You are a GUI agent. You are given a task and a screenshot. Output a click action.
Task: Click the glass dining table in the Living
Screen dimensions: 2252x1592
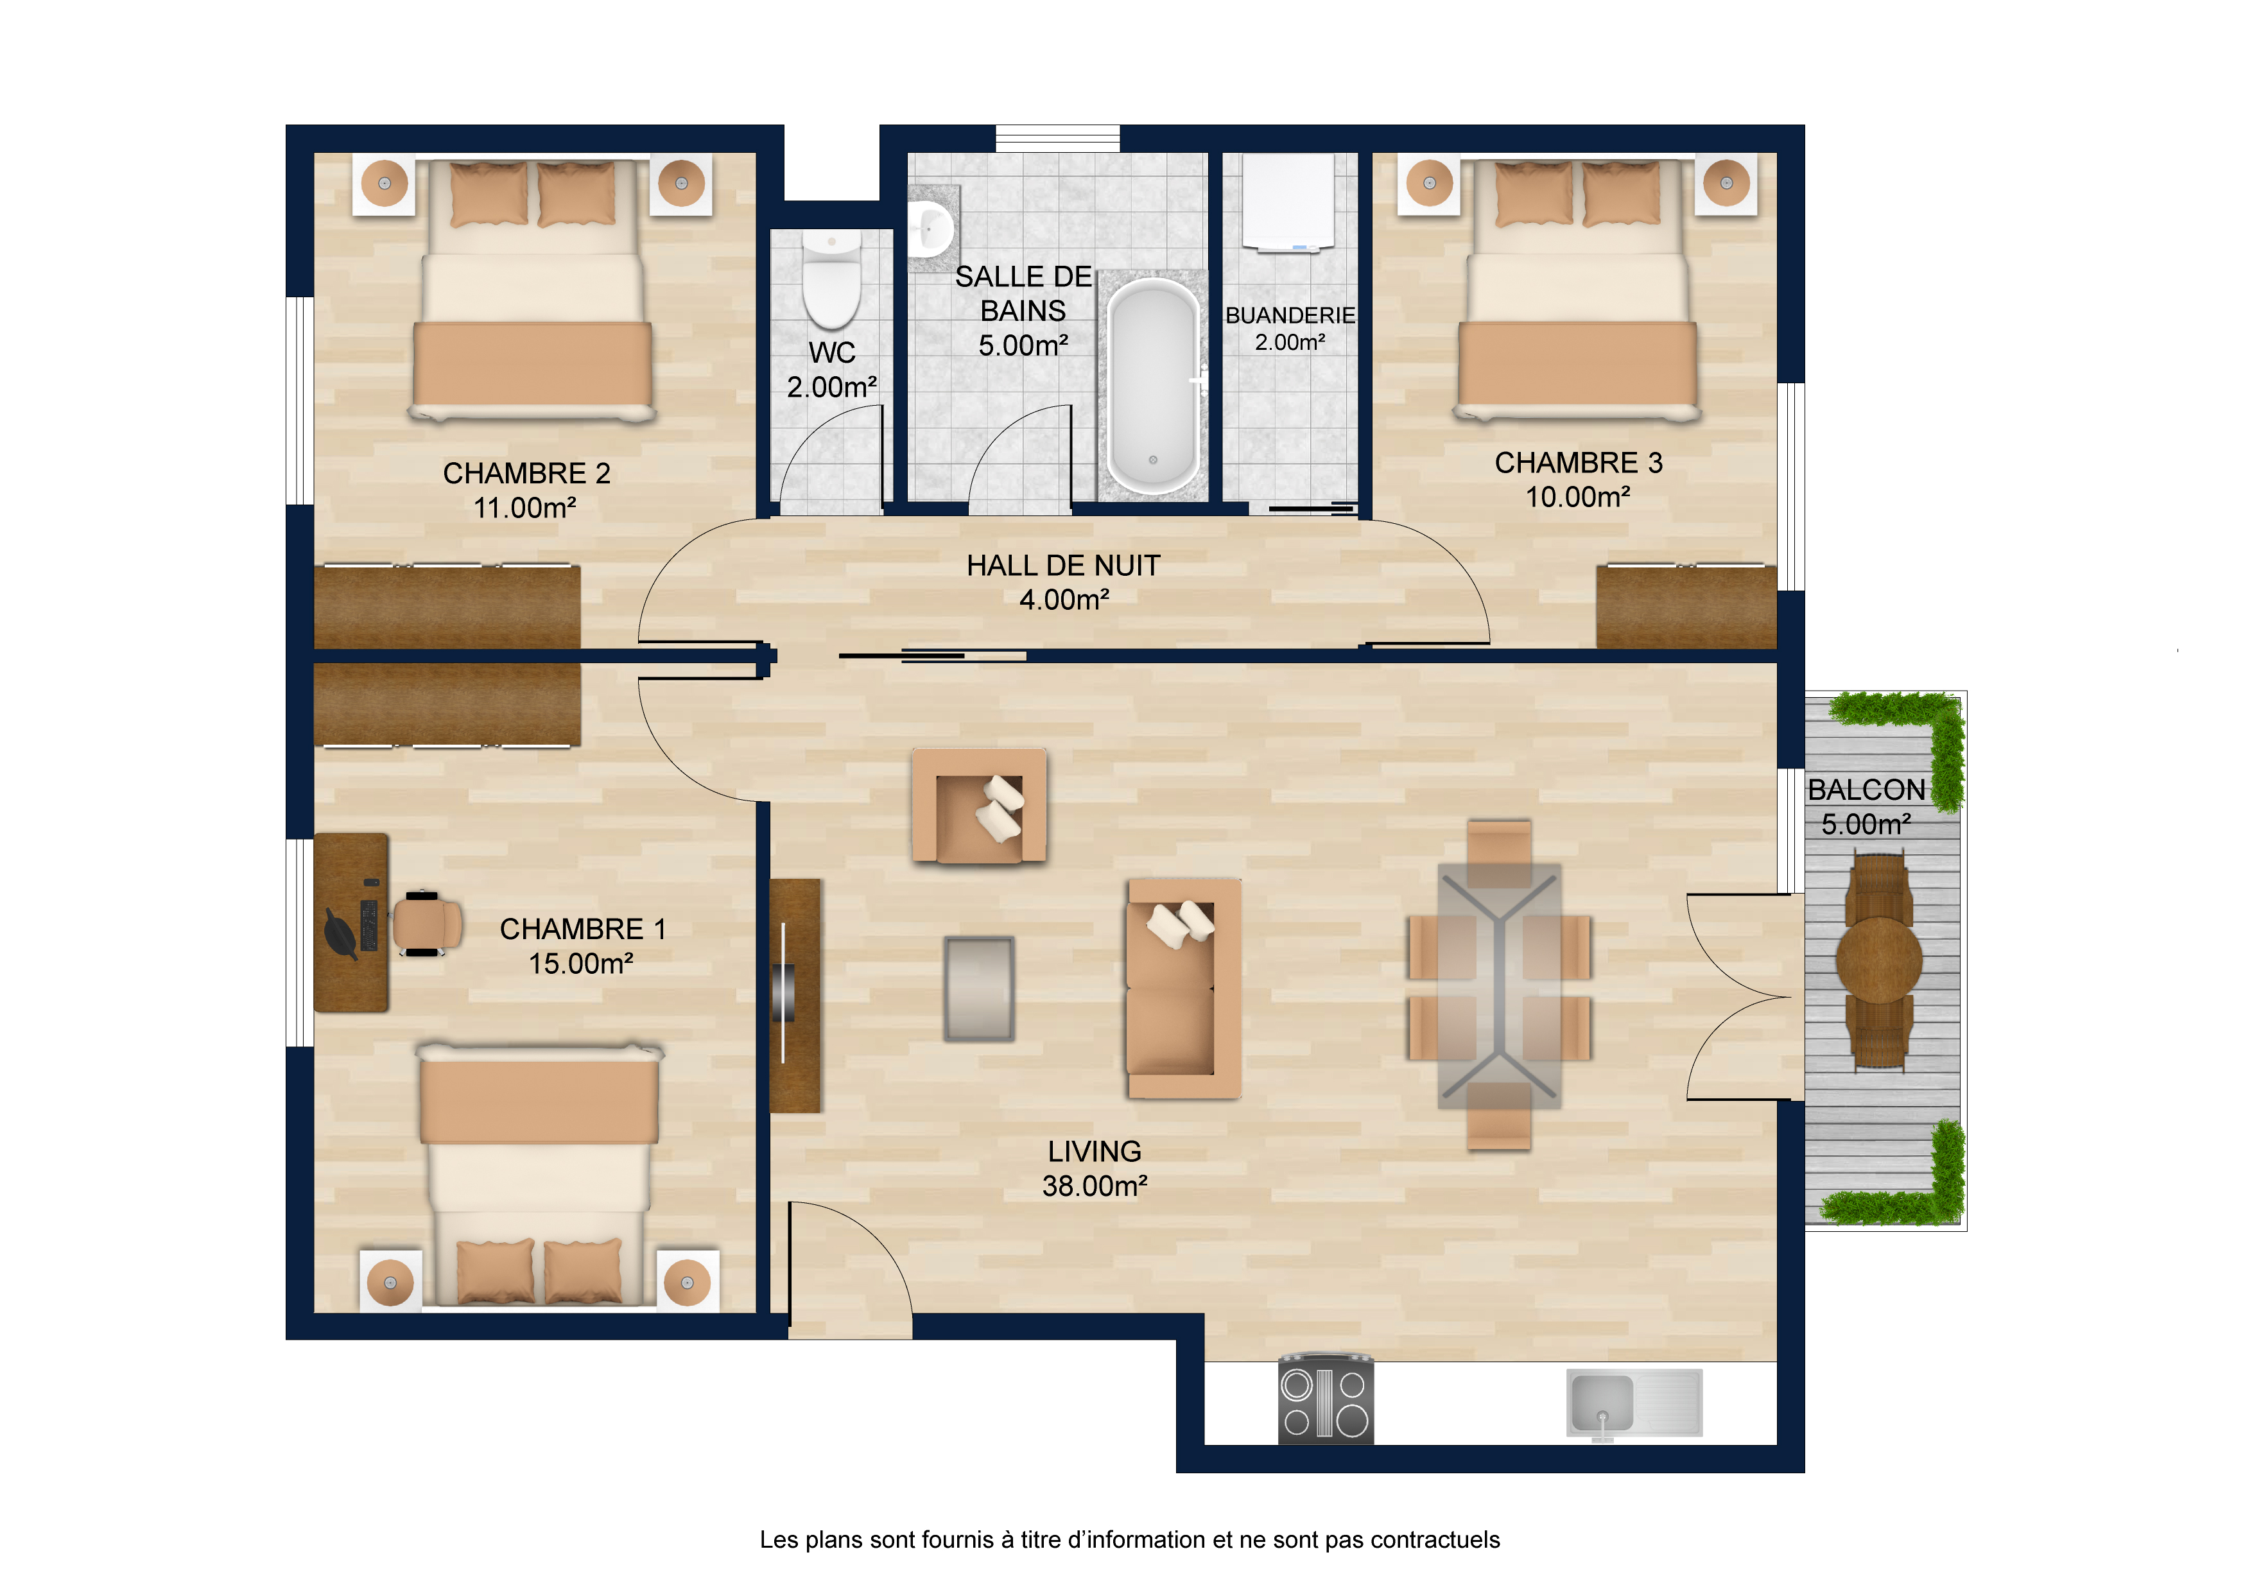(1499, 986)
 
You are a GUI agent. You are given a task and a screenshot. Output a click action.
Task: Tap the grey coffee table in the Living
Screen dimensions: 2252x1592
(979, 989)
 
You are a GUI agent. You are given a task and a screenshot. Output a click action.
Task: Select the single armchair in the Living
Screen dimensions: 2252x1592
(979, 806)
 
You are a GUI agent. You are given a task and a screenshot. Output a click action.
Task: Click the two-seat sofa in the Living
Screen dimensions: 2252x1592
(1184, 989)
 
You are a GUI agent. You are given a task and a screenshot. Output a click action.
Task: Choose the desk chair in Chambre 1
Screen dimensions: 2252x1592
(427, 923)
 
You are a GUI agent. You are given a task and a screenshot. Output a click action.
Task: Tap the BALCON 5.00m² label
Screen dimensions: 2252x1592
(1867, 806)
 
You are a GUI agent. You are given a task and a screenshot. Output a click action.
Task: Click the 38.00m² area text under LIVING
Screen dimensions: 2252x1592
(1095, 1186)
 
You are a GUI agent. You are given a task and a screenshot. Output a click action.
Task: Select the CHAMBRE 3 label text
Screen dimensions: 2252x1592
(1578, 463)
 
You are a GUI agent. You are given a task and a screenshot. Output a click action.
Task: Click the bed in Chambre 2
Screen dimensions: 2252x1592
(533, 290)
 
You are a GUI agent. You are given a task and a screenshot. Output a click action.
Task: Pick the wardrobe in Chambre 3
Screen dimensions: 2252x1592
(1686, 606)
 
